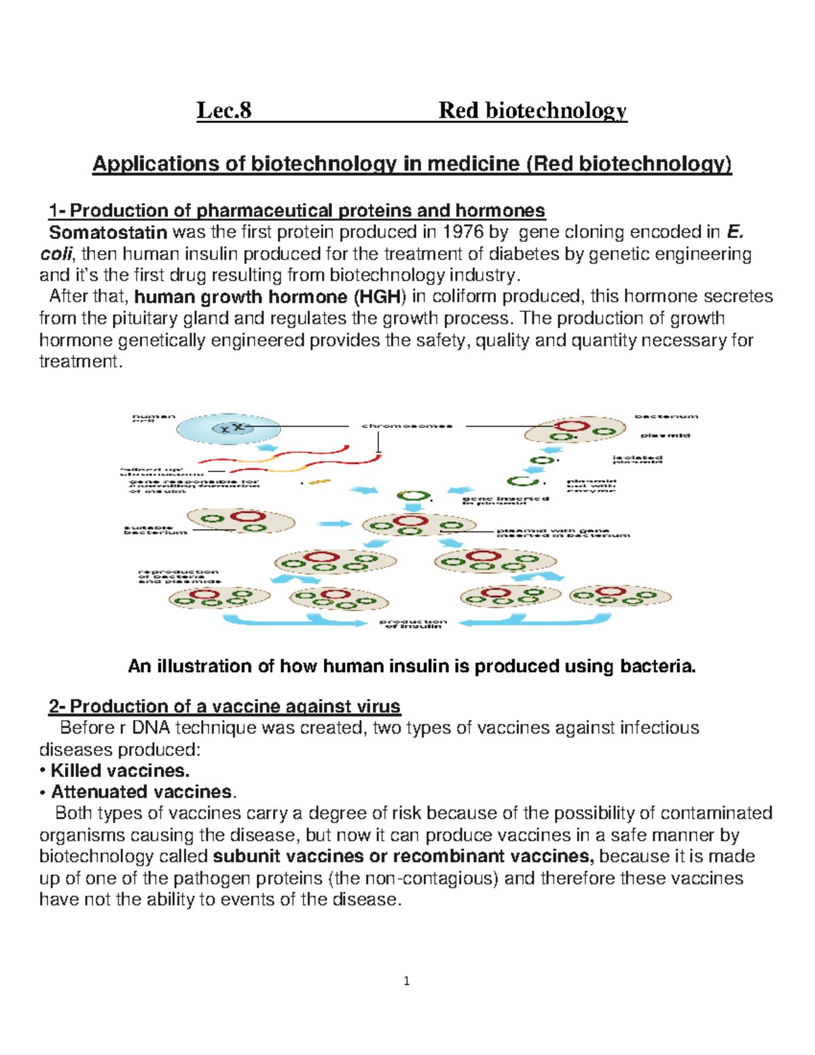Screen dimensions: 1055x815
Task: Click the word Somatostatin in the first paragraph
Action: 108,232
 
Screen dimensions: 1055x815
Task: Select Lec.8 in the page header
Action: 223,110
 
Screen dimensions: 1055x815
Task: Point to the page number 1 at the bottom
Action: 406,980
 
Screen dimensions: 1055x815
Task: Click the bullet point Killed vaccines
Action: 120,770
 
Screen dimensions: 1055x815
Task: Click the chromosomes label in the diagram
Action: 407,426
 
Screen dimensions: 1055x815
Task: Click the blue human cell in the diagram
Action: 229,429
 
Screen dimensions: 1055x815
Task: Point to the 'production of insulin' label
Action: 413,624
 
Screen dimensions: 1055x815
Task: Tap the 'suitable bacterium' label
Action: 155,530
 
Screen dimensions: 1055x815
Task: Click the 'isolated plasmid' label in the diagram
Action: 637,460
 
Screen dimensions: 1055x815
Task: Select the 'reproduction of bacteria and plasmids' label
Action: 178,577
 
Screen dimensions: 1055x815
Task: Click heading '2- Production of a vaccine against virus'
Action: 224,707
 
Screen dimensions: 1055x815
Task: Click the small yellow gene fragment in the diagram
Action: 319,482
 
